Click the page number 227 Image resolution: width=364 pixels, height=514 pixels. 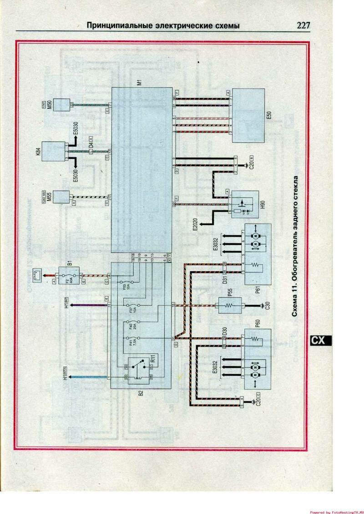303,25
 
